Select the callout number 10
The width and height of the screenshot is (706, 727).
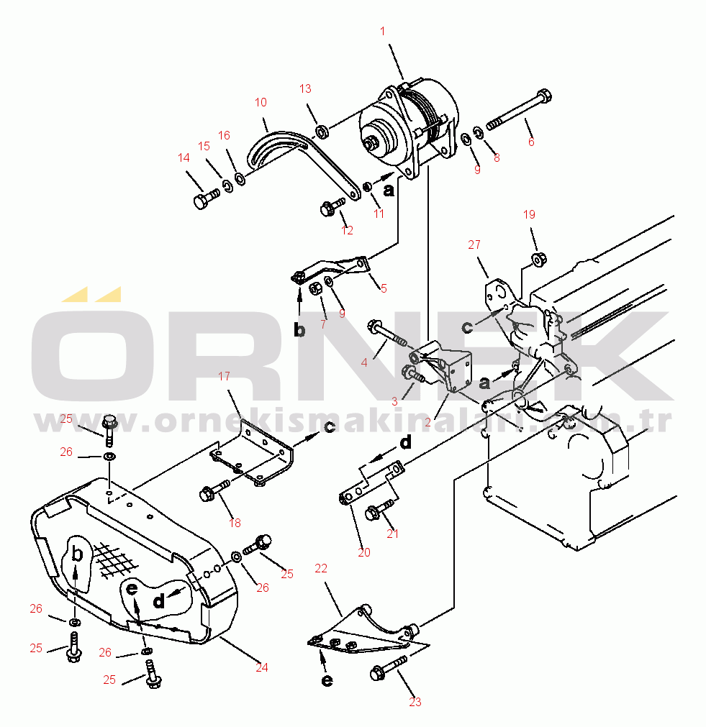point(261,103)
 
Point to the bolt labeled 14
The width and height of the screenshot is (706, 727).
point(204,198)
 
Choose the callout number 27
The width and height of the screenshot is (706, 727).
point(474,244)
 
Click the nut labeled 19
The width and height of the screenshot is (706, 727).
point(536,258)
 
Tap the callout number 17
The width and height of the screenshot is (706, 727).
point(224,376)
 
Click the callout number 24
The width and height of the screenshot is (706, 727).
point(261,667)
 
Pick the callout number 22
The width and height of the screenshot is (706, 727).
point(321,568)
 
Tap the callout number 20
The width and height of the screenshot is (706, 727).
point(364,552)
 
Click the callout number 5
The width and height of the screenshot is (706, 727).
point(384,288)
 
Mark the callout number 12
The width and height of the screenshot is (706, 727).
point(348,230)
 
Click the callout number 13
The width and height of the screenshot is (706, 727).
point(305,88)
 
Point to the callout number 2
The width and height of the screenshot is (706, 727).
point(427,422)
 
